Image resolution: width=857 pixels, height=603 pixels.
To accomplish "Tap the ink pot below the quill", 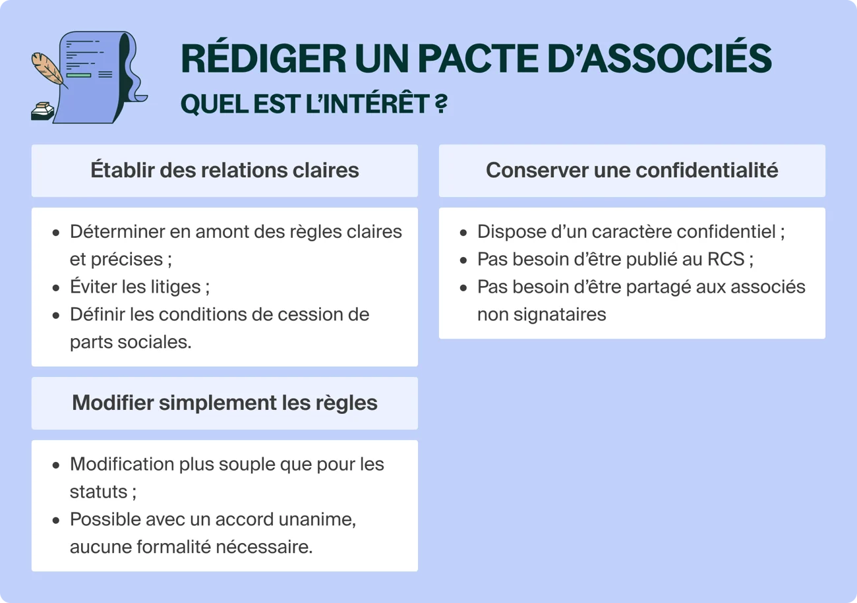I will tap(43, 111).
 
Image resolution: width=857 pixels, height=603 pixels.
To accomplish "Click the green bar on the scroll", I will tap(78, 76).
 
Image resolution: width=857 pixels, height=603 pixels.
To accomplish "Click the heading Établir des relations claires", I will tap(225, 170).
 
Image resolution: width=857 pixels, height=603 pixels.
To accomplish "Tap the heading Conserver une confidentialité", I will tap(632, 170).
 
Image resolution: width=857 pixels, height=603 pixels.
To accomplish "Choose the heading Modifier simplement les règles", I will tap(225, 403).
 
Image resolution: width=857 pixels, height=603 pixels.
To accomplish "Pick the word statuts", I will tap(98, 492).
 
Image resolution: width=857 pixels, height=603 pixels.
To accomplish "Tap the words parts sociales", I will tap(130, 342).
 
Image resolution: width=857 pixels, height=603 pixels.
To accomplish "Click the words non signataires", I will tap(541, 314).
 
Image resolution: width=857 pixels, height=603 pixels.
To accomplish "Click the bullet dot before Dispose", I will tap(464, 233).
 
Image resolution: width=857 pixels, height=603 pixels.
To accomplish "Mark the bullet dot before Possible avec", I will tap(57, 521).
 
